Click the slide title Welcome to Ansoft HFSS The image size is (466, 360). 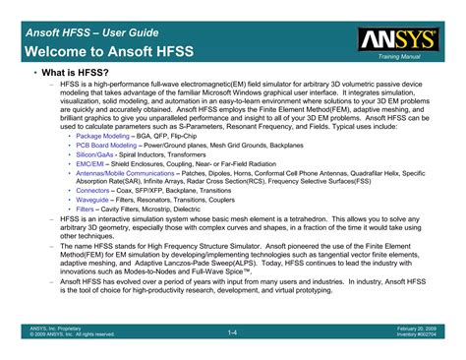108,49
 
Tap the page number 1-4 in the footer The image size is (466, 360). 233,332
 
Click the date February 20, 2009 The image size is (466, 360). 418,330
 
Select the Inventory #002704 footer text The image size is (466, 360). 417,336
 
